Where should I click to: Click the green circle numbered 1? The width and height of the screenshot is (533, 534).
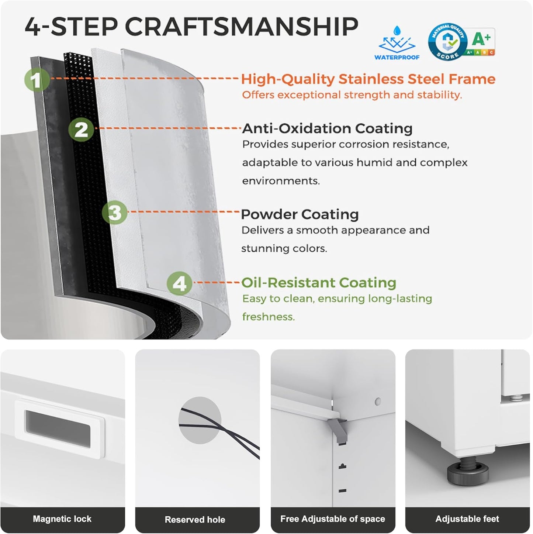point(37,80)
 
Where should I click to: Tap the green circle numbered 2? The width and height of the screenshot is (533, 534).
point(81,130)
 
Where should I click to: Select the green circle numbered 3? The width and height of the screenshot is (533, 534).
point(115,213)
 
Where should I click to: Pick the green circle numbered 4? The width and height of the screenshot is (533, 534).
point(180,283)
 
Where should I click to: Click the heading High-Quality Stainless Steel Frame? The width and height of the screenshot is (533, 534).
point(368,79)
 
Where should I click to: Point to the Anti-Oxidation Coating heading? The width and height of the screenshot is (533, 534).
point(327,128)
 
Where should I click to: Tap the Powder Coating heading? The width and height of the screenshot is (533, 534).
point(300,214)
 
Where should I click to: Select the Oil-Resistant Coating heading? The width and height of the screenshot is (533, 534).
point(319,283)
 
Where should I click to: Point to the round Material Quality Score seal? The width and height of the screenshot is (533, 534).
point(447,42)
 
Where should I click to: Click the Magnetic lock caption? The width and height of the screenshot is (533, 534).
point(62,519)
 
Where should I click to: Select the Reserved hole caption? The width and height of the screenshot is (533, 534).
point(195,519)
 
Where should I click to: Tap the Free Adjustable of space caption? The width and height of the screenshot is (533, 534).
point(333,519)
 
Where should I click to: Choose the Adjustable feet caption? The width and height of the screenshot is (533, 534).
point(467,519)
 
